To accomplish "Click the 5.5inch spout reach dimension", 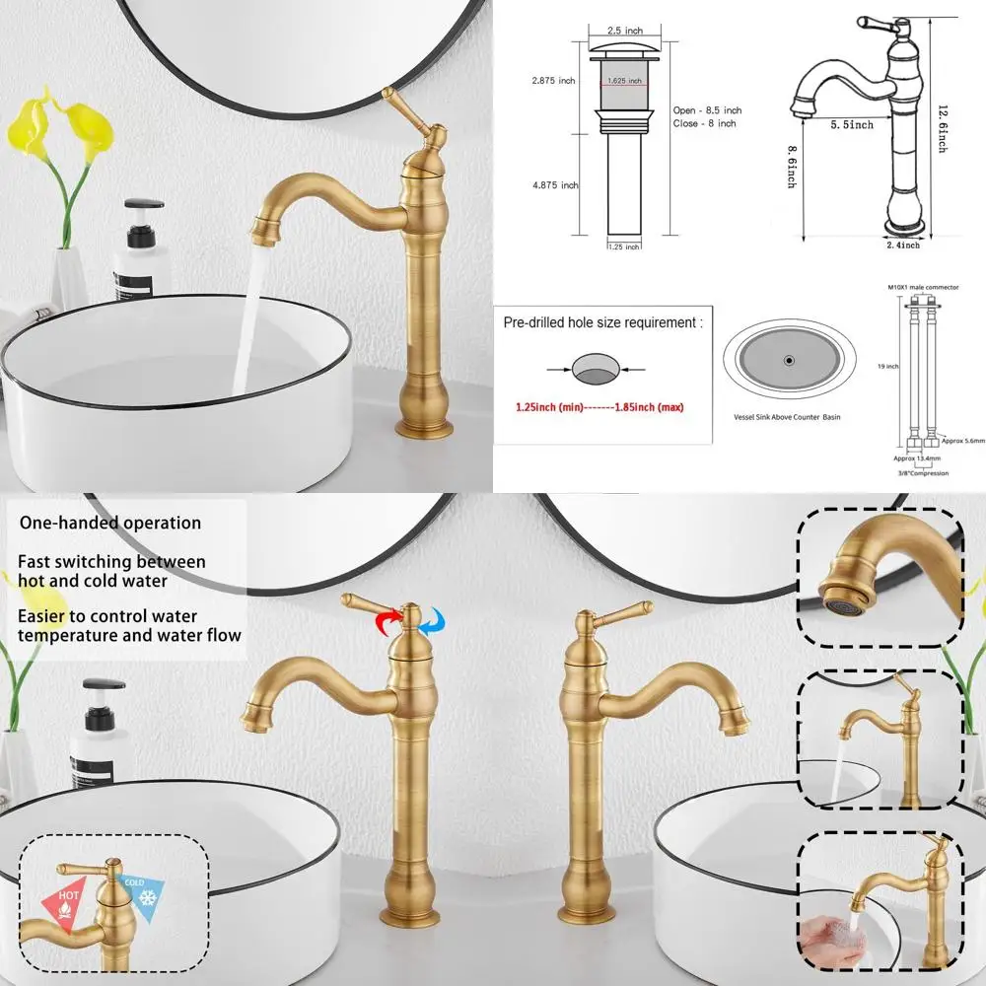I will (850, 124).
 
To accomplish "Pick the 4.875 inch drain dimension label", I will (554, 185).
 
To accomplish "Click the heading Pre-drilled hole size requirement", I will (603, 322).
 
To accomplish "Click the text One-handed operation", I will (110, 523).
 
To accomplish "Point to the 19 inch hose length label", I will (889, 367).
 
